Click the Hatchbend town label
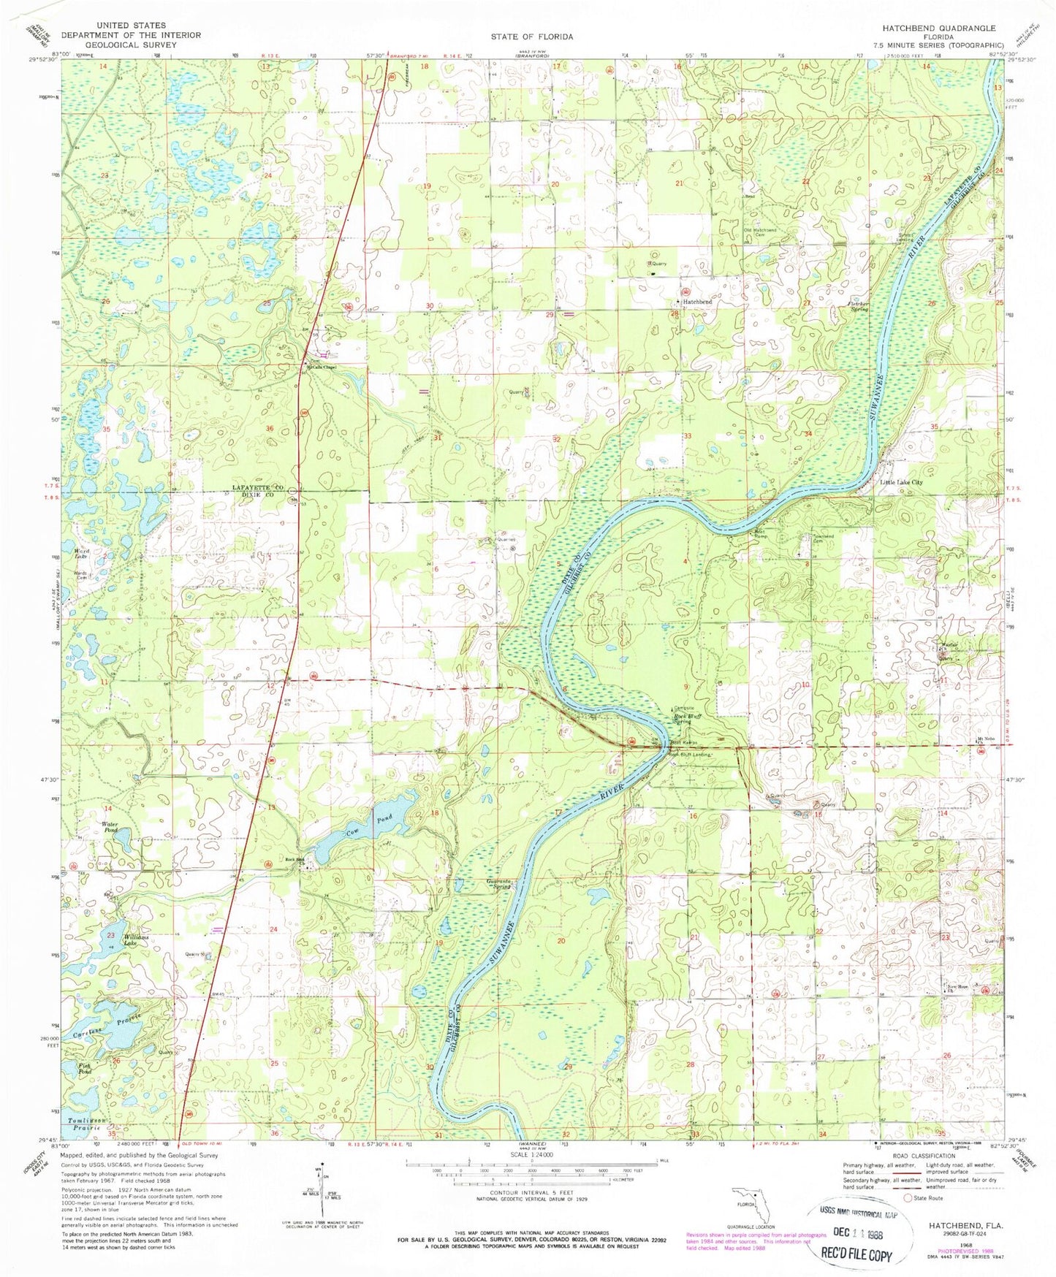point(696,302)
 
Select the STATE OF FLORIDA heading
point(531,37)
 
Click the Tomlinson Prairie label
point(88,1125)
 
